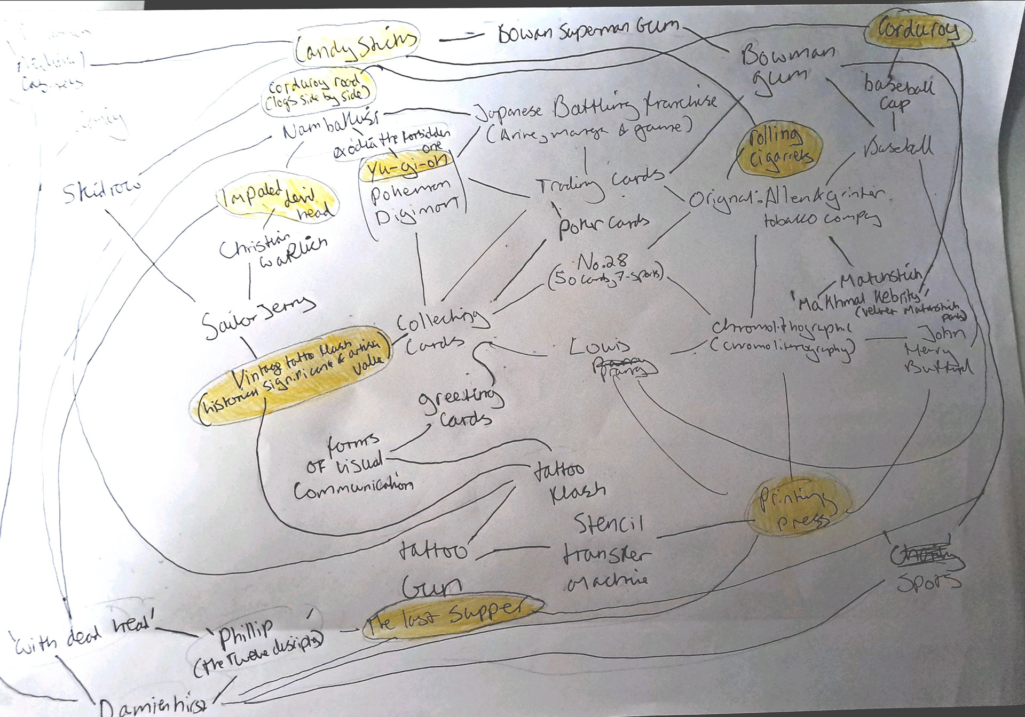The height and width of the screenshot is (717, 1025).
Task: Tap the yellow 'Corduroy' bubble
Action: (x=917, y=31)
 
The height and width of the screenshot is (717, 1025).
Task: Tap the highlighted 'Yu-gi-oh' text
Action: (x=407, y=166)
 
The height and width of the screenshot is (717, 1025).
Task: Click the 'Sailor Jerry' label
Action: (x=258, y=316)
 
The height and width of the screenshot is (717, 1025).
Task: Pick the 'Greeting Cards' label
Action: (x=462, y=408)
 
